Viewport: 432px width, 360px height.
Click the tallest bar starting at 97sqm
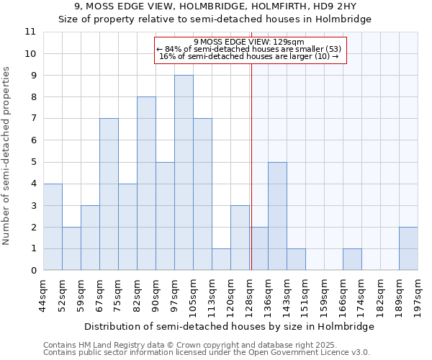tap(184, 173)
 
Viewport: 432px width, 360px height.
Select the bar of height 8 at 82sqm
tap(146, 184)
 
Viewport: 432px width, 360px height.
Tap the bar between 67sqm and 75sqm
tap(109, 194)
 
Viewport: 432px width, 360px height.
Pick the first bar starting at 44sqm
tap(53, 227)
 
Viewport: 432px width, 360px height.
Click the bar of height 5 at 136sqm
tap(277, 216)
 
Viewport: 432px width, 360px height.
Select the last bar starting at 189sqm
tap(408, 248)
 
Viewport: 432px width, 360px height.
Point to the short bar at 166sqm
tap(352, 260)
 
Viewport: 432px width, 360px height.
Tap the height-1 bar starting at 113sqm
tap(221, 260)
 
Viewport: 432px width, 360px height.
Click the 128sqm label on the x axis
tap(250, 294)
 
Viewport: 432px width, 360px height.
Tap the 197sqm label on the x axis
tap(418, 294)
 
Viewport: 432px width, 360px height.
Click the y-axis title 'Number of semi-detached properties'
tap(7, 155)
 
